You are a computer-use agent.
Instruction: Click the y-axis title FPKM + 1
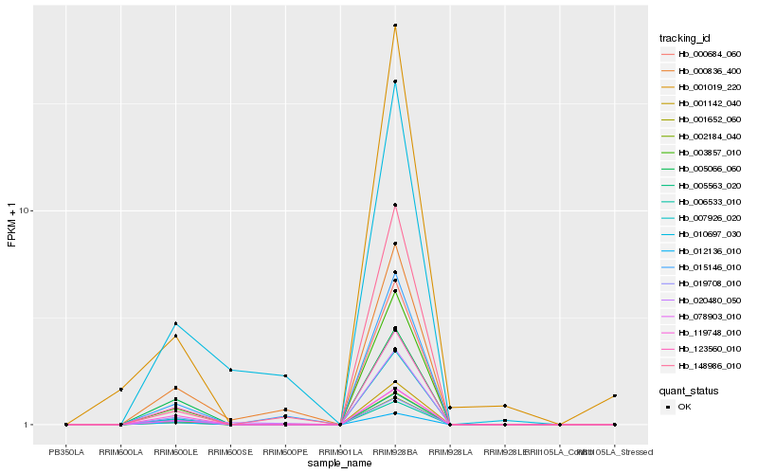click(12, 225)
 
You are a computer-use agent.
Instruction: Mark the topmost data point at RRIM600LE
click(175, 324)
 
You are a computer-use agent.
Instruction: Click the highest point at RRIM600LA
click(121, 390)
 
